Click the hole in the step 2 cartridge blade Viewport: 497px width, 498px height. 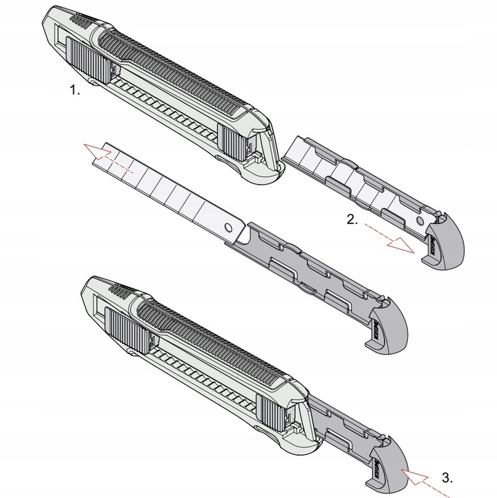point(418,221)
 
